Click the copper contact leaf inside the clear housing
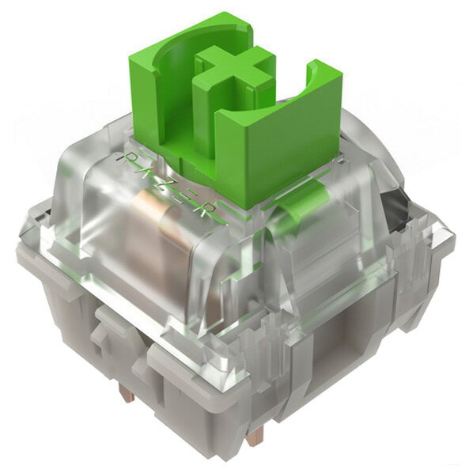[x=157, y=238]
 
